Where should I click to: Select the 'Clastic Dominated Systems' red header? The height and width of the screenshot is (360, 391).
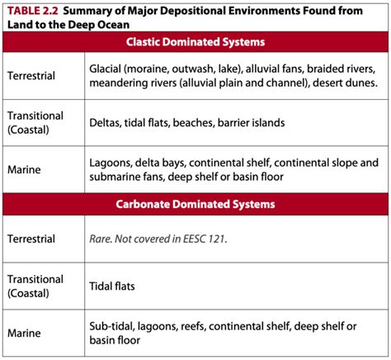click(195, 42)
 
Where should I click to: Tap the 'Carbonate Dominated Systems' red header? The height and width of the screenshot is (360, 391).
click(195, 203)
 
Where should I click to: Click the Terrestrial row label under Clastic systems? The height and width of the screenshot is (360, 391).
click(31, 74)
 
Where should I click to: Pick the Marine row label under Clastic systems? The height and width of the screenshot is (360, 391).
click(24, 170)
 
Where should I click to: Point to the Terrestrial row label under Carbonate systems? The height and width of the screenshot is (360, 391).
click(31, 239)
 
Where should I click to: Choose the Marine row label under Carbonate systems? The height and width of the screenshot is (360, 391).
click(24, 334)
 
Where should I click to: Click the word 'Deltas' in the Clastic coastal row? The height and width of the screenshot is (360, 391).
click(107, 122)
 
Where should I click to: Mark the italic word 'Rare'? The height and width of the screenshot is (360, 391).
click(101, 239)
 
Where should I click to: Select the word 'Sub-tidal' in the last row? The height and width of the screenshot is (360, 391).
click(114, 326)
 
